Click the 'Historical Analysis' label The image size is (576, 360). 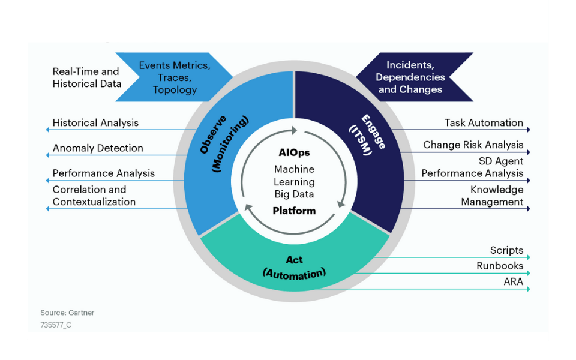point(95,123)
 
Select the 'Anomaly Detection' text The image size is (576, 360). point(98,148)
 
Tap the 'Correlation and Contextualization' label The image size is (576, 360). point(94,196)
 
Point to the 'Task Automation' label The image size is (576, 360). point(484,123)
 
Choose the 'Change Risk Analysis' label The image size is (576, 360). point(473,145)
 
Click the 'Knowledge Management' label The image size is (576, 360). point(492,196)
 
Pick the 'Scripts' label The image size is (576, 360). point(506,251)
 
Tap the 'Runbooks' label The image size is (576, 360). point(500,266)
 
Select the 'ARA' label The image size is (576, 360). point(513,281)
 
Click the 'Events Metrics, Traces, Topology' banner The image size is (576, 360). point(175,77)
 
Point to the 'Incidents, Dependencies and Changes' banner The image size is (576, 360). point(410,77)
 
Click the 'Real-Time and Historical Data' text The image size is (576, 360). point(86,78)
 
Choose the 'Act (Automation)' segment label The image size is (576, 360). point(294,266)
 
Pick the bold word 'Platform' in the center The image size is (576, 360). point(294,211)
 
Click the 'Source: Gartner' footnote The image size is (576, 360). point(67,313)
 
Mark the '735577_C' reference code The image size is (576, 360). point(56,325)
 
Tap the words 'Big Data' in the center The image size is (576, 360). point(294,194)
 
